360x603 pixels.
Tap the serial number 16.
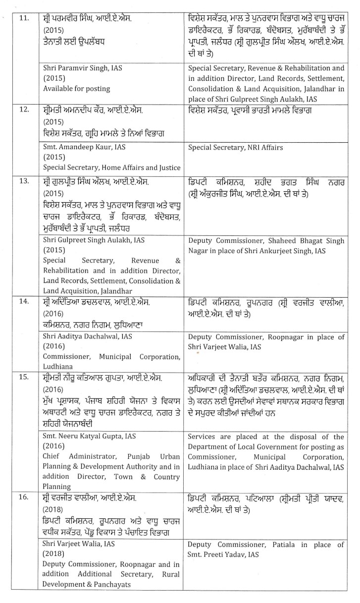(x=24, y=497)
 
